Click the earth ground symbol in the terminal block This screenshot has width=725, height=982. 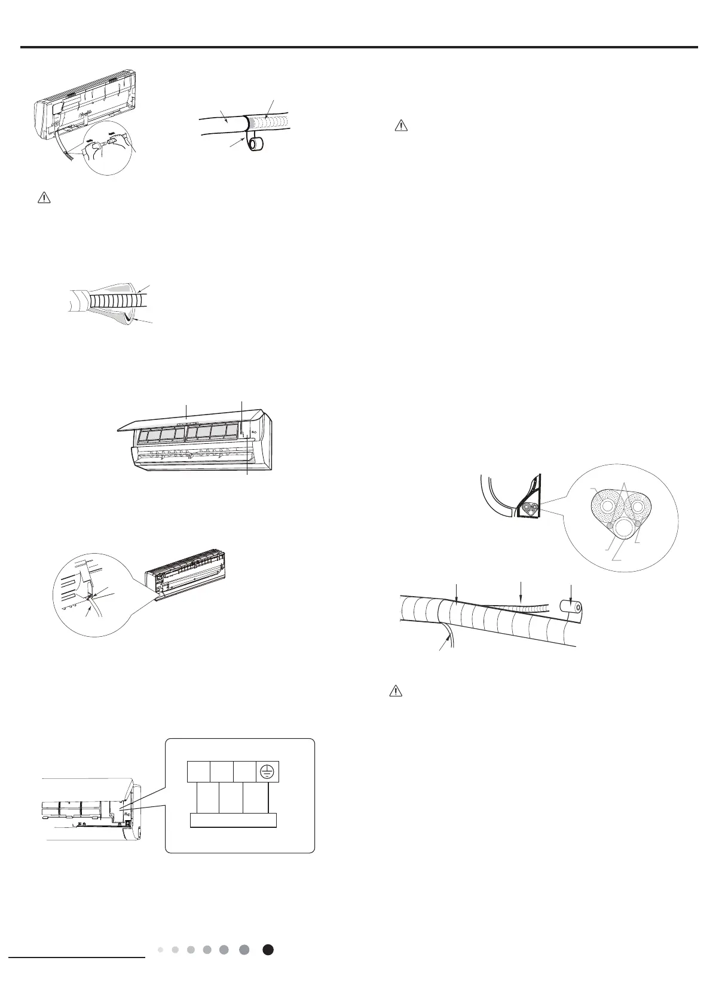(268, 772)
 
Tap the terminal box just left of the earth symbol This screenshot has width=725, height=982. (245, 772)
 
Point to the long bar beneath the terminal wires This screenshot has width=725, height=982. (233, 820)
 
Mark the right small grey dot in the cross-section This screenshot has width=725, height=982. (638, 523)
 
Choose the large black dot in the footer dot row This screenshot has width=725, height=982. (268, 950)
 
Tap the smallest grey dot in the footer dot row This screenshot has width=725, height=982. (161, 950)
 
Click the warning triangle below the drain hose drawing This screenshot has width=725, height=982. (42, 198)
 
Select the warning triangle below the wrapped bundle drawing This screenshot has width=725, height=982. (395, 691)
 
